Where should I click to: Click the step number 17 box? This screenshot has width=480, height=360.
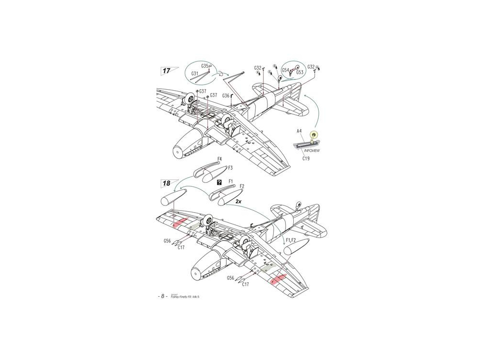click(166, 71)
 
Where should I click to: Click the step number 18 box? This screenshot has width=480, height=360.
click(166, 183)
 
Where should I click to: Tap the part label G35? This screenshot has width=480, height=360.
click(204, 66)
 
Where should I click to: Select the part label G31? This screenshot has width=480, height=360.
click(194, 73)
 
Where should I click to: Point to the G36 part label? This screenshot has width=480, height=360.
click(226, 96)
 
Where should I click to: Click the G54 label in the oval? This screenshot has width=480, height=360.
click(285, 70)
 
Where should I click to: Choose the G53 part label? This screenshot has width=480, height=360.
click(300, 72)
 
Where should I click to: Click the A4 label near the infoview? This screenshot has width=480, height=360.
click(299, 131)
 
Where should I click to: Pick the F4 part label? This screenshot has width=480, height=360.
click(219, 158)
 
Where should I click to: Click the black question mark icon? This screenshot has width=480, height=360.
click(219, 182)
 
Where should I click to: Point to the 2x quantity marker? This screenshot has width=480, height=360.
click(239, 203)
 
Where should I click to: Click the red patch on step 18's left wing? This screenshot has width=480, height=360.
click(180, 223)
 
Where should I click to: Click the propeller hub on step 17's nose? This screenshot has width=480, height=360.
click(178, 152)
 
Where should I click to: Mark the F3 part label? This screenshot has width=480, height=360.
click(230, 168)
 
